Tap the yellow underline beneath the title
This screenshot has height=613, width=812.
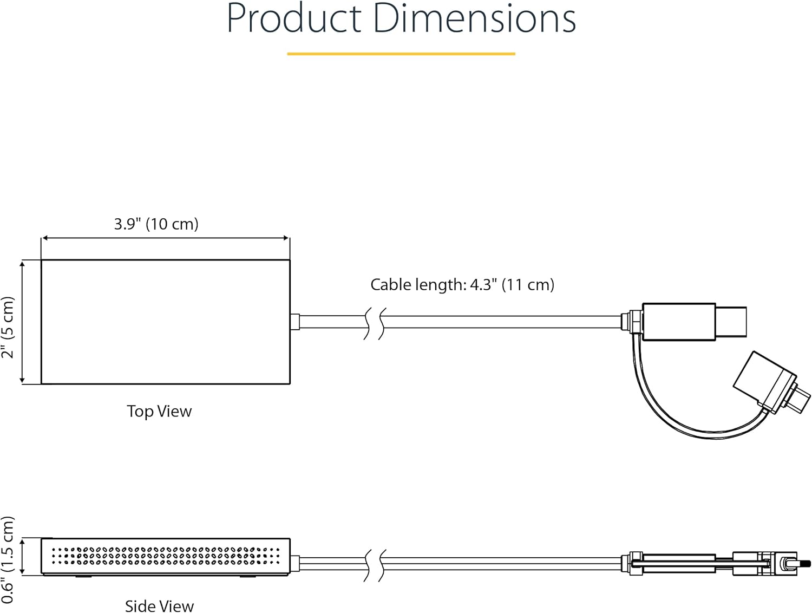401,54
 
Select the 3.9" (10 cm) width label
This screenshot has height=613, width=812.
156,224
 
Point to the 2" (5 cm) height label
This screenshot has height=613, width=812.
8,327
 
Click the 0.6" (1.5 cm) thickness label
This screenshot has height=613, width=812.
8,559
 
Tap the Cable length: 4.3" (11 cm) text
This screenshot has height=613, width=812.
462,284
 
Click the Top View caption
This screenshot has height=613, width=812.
159,411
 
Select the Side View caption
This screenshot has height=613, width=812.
159,605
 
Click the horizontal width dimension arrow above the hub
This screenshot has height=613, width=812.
165,238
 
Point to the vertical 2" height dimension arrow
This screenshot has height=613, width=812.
22,322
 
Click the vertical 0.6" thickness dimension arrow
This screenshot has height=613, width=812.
22,556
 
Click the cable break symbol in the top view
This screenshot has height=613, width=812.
375,323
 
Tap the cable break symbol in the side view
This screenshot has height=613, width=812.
375,564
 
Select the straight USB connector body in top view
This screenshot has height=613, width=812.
679,322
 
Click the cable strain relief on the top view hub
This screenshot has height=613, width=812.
295,322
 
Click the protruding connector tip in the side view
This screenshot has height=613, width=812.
805,564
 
